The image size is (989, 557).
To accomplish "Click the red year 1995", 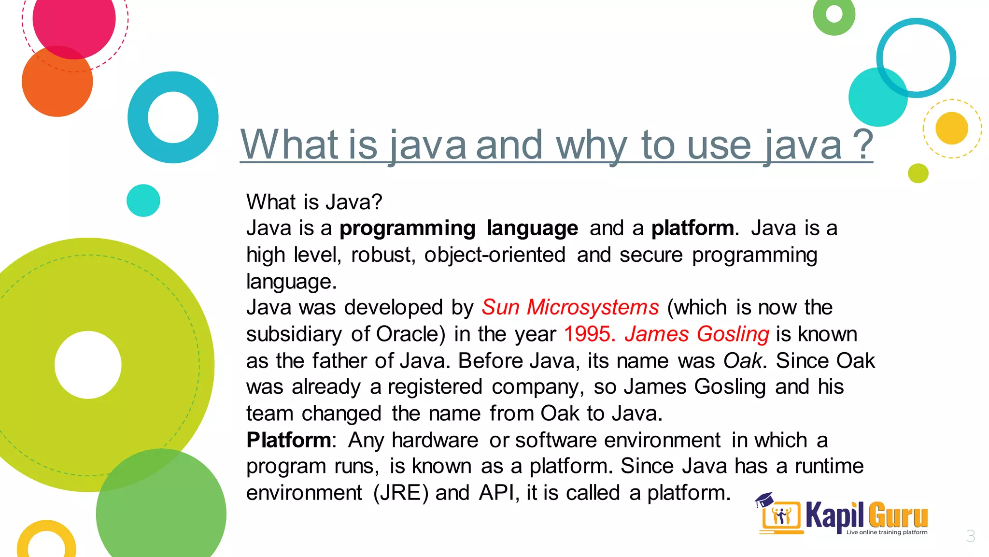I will (589, 334).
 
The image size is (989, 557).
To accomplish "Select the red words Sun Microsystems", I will (570, 308).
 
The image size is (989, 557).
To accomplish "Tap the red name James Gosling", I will (696, 334).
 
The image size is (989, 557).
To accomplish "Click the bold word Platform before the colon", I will (288, 440).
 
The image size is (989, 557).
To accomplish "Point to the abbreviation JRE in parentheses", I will (401, 493).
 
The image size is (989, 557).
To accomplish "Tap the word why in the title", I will (592, 145).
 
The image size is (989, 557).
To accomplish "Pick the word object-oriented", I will (494, 255).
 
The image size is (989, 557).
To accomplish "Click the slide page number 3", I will (970, 536).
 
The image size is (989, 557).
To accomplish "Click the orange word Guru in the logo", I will (898, 515).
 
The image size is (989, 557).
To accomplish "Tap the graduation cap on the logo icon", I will (764, 499).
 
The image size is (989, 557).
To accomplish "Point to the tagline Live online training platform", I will (887, 532).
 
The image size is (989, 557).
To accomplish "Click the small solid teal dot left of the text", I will (143, 200).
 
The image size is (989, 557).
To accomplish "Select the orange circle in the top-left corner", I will (57, 82).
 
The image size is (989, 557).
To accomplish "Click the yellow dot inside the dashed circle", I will (951, 128).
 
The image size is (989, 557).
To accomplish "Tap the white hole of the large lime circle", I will (88, 365).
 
